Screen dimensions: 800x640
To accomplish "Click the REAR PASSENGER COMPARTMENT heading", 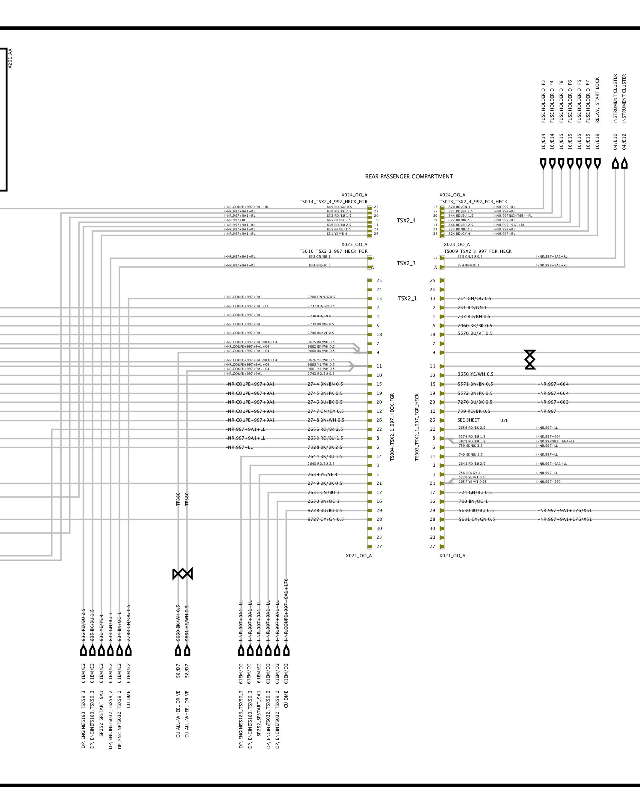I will click(x=409, y=176).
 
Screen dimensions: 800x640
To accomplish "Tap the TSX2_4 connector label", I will click(x=406, y=220).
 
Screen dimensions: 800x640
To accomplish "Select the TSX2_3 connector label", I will click(x=406, y=263).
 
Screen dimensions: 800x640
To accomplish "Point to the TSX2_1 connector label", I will click(x=407, y=298).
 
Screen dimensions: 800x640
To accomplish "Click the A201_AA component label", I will click(x=10, y=58).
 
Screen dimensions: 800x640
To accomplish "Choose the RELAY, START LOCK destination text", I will click(x=598, y=100).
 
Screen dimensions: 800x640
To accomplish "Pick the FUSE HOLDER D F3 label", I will click(x=543, y=102).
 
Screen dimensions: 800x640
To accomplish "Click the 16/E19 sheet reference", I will click(x=598, y=142).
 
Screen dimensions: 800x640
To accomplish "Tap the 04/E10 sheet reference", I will click(x=616, y=142).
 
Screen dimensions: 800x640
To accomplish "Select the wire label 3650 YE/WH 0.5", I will click(x=475, y=374).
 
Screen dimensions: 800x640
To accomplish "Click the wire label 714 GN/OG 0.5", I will click(x=474, y=298).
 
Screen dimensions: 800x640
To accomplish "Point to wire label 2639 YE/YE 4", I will click(x=322, y=474).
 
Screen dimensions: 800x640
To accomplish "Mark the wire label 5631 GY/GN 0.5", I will click(x=477, y=519).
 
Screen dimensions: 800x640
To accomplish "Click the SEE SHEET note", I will click(x=468, y=420).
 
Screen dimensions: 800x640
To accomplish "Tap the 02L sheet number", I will click(x=504, y=421).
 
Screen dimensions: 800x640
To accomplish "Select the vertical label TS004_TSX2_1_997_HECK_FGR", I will click(x=392, y=426).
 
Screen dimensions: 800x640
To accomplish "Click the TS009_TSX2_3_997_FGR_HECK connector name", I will click(x=478, y=251).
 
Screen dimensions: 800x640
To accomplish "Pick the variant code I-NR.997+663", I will click(x=552, y=402).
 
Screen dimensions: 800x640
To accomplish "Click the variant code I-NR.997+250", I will click(x=548, y=482).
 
